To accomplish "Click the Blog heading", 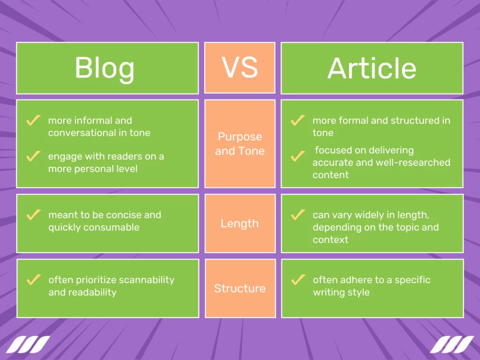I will click(105, 68).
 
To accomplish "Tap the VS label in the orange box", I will click(240, 67).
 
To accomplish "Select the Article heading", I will click(372, 68).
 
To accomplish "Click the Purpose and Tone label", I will click(240, 144).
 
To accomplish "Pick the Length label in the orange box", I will click(240, 224).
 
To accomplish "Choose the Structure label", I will click(240, 288).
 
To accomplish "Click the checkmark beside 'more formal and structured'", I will click(298, 120).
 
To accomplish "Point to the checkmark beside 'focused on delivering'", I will click(298, 156).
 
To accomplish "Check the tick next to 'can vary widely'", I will click(298, 215).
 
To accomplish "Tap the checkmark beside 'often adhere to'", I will click(298, 280).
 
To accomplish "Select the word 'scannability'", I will click(147, 280).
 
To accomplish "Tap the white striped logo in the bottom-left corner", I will click(28, 345).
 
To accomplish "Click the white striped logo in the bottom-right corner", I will click(452, 345).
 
